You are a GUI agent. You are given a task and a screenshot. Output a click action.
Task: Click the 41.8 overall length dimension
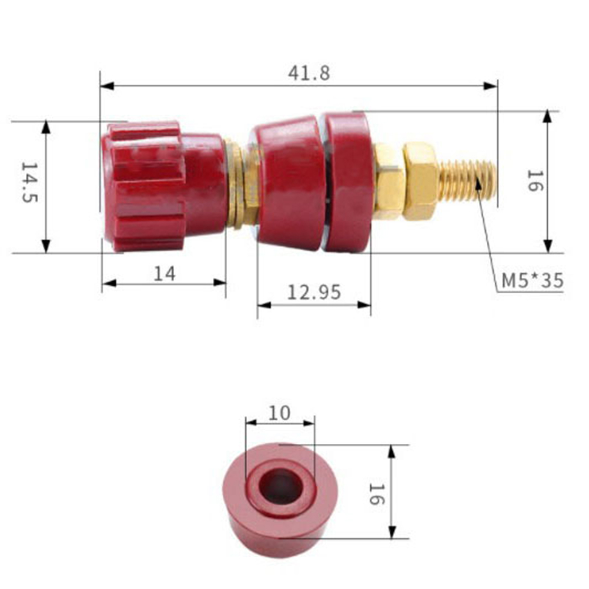(x=309, y=73)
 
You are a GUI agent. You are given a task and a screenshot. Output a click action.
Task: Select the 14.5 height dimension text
(x=29, y=183)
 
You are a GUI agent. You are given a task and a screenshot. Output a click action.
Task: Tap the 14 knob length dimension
(x=165, y=274)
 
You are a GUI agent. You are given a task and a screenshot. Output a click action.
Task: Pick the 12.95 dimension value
(x=314, y=292)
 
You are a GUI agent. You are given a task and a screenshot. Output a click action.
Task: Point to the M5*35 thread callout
(x=533, y=280)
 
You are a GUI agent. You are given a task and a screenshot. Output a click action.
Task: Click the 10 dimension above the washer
(x=280, y=413)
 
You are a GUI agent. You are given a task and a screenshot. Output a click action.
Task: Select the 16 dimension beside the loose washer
(x=377, y=494)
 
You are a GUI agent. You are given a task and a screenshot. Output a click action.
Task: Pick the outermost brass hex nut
(x=421, y=181)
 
